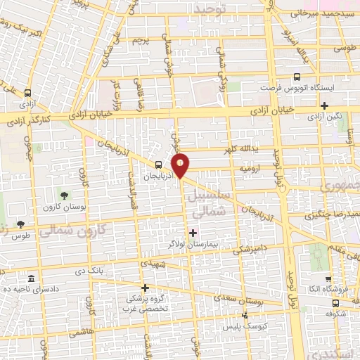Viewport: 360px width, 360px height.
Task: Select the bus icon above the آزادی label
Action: pos(27,93)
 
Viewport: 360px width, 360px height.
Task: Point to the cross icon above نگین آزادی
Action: pos(324,105)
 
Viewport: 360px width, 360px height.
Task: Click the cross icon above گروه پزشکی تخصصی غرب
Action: pos(146,287)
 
